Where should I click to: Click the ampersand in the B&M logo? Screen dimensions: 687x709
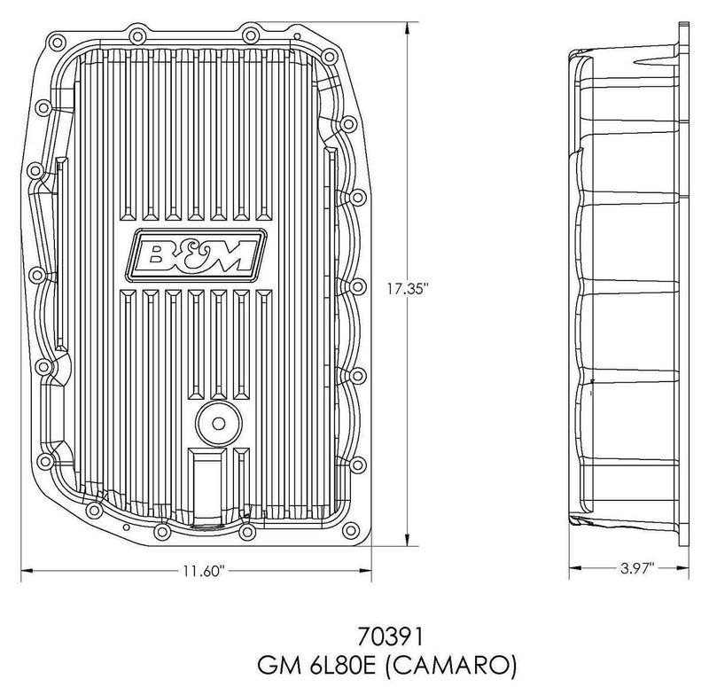197,254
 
